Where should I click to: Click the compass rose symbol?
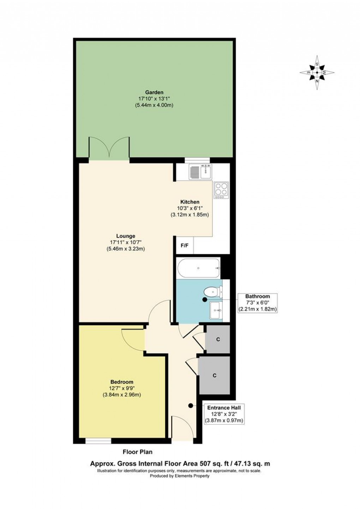click(317, 73)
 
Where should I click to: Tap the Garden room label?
click(156, 92)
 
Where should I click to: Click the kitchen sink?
click(200, 172)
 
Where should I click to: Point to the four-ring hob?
click(221, 190)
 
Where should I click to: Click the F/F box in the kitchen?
click(185, 246)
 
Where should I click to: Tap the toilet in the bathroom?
click(212, 291)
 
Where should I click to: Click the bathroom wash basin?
click(216, 311)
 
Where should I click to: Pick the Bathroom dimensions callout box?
click(257, 303)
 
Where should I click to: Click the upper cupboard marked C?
click(218, 339)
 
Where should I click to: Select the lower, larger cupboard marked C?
click(214, 375)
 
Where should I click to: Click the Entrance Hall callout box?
click(224, 414)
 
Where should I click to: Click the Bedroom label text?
click(122, 382)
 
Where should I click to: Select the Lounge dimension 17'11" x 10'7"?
click(126, 242)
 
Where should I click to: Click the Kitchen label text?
click(190, 202)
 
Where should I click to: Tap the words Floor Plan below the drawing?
click(138, 452)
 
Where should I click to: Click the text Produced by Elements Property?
click(180, 475)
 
